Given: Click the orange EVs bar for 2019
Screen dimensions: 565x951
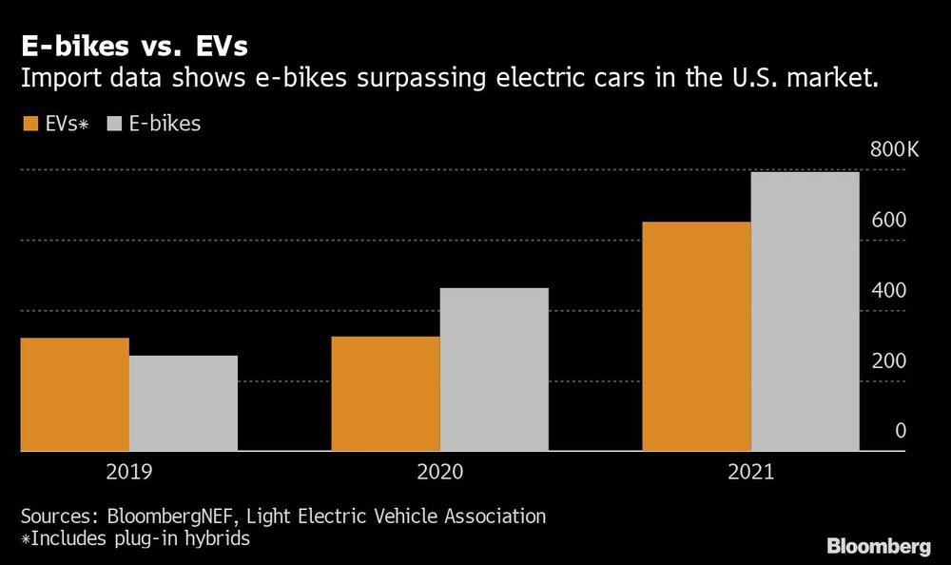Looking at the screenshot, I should point(74,394).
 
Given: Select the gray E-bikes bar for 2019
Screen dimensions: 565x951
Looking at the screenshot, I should point(183,403).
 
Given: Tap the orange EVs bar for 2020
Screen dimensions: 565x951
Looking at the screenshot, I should point(385,393).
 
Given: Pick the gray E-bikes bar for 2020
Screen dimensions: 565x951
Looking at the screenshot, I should point(494,369).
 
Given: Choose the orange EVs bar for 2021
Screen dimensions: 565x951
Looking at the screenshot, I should point(696,336).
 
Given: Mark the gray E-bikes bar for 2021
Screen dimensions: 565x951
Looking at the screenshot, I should point(805,311).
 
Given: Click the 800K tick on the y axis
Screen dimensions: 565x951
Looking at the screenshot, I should point(893,150).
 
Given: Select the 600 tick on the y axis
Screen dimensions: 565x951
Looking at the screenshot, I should point(889,221).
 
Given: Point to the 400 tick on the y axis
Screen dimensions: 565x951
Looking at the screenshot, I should point(889,291).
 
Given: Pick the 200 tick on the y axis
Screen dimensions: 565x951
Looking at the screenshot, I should point(889,361).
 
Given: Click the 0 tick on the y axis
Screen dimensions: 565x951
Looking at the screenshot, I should point(900,432).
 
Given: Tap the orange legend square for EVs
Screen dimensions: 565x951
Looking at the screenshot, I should point(29,124).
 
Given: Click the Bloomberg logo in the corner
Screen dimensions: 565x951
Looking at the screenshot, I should point(879,546).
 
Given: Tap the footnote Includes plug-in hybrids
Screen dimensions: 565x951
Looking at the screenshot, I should point(139,538).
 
